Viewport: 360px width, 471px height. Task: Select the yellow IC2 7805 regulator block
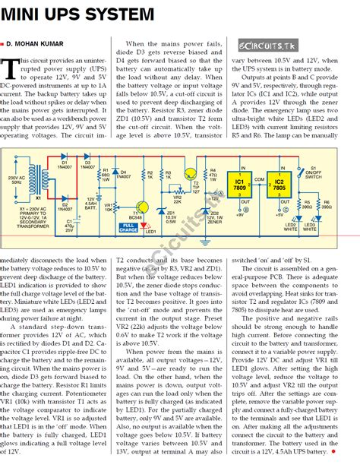(x=279, y=185)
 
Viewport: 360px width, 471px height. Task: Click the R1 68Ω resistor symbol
(x=97, y=175)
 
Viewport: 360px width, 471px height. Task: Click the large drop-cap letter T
(x=11, y=70)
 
